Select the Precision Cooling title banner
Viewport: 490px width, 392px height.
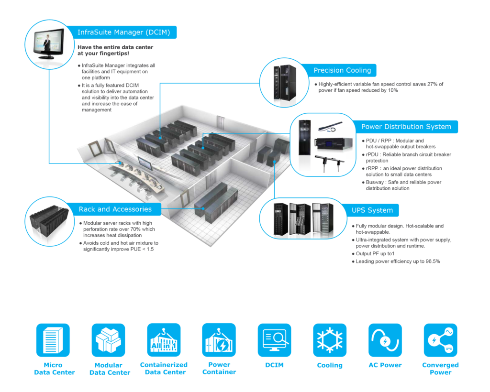(342, 70)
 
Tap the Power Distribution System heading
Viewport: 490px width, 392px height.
(406, 127)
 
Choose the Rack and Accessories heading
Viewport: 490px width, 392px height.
(115, 209)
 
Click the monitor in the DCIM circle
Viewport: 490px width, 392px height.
(48, 43)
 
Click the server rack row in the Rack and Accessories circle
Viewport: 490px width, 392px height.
(47, 222)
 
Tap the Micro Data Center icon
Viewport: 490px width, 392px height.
(53, 340)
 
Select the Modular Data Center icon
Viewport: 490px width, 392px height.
(109, 340)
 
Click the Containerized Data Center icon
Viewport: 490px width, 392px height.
(164, 340)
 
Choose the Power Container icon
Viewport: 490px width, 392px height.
(219, 340)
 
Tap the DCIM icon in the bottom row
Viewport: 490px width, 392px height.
(274, 340)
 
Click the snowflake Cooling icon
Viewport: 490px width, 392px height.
(330, 340)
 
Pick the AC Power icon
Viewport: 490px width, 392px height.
(385, 340)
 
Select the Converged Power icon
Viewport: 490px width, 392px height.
(440, 340)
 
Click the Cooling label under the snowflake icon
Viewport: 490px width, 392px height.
(330, 365)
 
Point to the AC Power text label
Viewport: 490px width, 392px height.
(385, 365)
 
